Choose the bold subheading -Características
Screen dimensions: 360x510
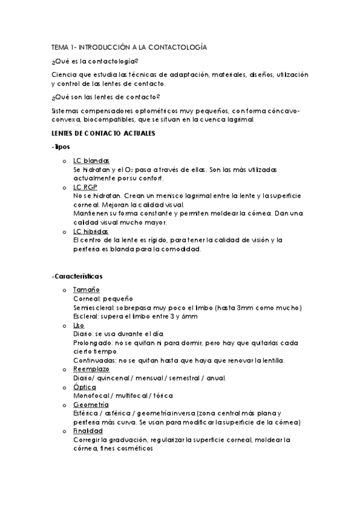pos(77,276)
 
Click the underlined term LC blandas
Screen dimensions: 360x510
pos(91,161)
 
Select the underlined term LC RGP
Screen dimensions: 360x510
pos(84,187)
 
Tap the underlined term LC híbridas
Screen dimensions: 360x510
pos(91,232)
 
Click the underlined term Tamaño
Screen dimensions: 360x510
pos(86,290)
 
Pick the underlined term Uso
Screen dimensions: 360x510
pos(79,325)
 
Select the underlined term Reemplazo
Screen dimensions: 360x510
pos(92,369)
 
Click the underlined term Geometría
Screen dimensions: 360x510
pos(91,405)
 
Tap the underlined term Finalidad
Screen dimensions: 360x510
pos(88,431)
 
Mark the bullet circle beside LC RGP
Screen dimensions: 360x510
pos(64,188)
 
